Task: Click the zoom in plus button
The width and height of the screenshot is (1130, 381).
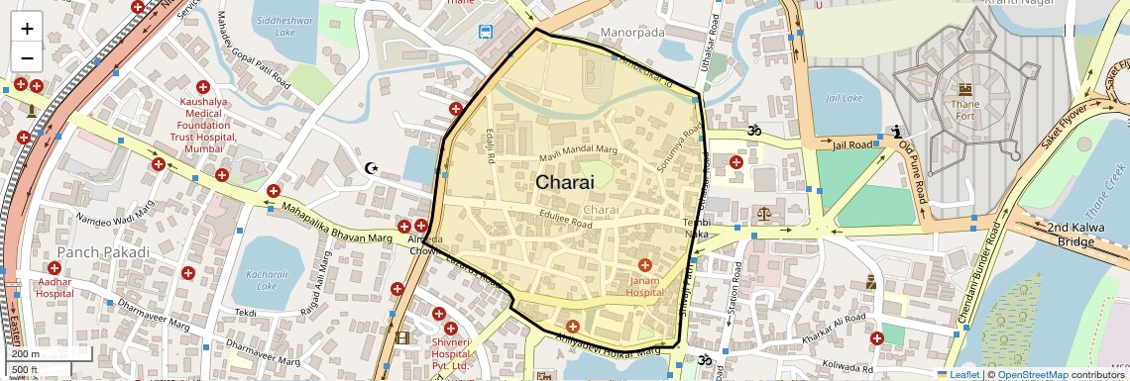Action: tap(27, 28)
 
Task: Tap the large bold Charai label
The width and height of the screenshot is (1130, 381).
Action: tap(564, 182)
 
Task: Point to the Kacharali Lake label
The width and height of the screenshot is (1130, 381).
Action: tap(266, 279)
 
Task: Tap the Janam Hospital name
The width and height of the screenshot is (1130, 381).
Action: tap(644, 286)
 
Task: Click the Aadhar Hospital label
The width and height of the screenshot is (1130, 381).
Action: tap(55, 287)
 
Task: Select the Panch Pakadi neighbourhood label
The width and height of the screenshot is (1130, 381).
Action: tap(102, 252)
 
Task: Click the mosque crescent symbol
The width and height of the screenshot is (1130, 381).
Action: tap(373, 169)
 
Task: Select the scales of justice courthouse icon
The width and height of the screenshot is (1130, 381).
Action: tap(763, 213)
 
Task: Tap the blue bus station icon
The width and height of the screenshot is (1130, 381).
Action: tap(486, 32)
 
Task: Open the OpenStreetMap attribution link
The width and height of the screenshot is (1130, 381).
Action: tap(1032, 374)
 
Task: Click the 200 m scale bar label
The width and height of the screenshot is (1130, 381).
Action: tap(26, 353)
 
